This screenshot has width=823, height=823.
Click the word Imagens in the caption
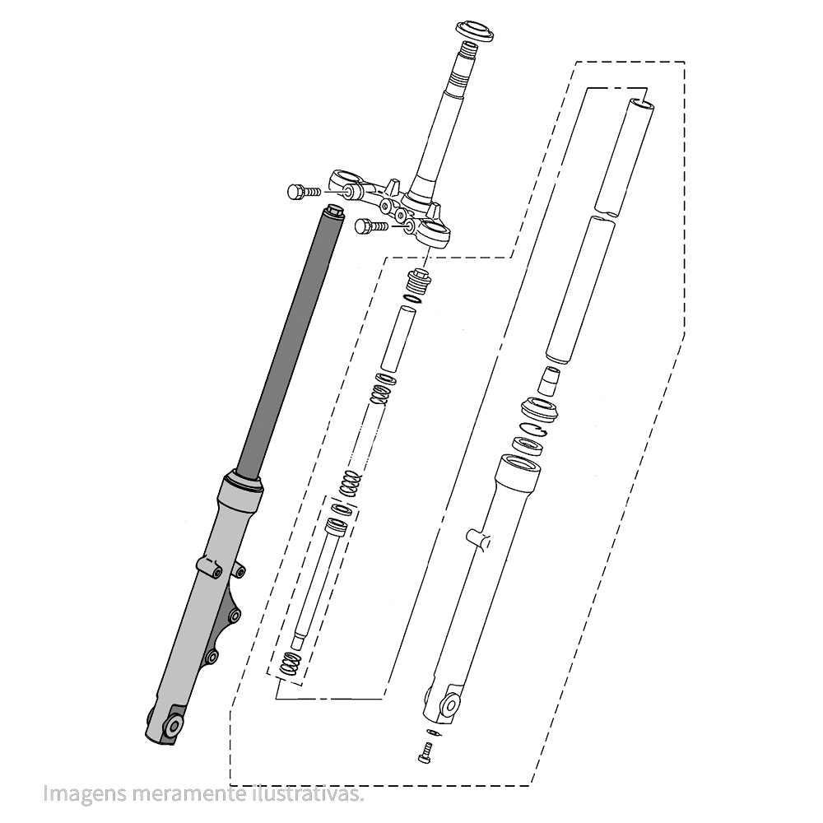(85, 793)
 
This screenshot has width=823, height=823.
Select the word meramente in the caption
(187, 793)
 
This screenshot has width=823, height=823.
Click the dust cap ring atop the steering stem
(475, 31)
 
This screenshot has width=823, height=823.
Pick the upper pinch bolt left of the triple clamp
(304, 192)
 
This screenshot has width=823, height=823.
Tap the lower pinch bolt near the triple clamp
(371, 227)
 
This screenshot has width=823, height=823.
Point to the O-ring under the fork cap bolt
(411, 300)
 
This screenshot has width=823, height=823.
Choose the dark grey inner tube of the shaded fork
(286, 342)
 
